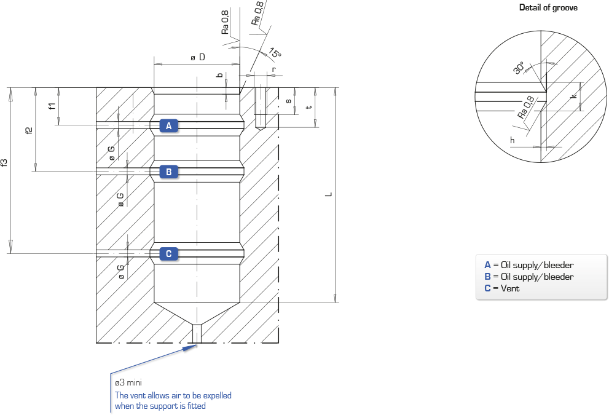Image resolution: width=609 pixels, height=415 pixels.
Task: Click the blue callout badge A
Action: point(168,125)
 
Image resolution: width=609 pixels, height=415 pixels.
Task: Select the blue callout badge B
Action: point(168,172)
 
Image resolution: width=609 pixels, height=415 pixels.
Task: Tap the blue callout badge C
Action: point(168,254)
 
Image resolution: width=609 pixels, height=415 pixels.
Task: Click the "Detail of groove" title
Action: point(548,7)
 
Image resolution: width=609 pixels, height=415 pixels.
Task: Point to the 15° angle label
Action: point(275,53)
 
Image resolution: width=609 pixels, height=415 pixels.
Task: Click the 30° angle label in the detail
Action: point(519,68)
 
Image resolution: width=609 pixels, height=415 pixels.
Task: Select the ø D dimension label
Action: point(198,57)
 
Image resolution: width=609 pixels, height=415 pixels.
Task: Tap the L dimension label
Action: point(329,194)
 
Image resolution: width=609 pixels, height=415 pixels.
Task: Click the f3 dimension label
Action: point(4,162)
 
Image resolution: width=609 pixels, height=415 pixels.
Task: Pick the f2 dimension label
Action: point(29,130)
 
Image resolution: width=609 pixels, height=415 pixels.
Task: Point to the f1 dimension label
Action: point(52,106)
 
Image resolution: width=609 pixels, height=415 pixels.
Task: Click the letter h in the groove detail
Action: point(513,140)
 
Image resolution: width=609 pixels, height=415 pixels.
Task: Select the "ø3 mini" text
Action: point(128,382)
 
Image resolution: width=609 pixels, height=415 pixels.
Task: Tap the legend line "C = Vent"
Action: point(502,288)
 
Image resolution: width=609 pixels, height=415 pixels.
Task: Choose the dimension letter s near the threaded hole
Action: point(288,101)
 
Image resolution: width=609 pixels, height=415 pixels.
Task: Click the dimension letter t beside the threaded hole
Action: point(308,107)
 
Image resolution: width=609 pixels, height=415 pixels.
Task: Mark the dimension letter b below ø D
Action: point(220,75)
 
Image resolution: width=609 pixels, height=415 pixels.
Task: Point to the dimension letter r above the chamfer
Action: point(274,69)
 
